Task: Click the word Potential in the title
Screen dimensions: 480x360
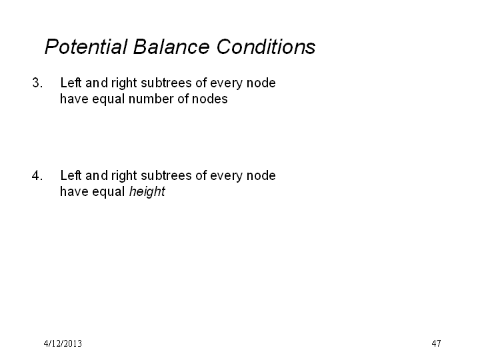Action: coord(86,47)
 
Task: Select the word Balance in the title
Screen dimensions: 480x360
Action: coord(171,47)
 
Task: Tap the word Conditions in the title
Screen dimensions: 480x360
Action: coord(266,47)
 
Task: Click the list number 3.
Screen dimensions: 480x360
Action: coord(37,83)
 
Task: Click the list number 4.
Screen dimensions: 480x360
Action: coord(37,175)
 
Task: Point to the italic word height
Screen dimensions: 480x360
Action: coord(147,192)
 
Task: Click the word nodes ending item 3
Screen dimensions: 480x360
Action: coord(210,99)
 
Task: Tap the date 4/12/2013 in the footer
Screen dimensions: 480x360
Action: coord(63,343)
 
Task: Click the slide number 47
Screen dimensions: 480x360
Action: coord(436,343)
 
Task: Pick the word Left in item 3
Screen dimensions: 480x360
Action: coord(71,83)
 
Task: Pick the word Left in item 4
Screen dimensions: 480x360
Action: coord(71,175)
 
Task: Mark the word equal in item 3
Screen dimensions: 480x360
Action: coord(109,99)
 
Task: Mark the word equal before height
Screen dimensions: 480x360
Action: coord(109,192)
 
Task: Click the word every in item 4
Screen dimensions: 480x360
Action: coord(226,176)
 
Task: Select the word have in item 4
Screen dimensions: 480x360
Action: coord(74,191)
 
